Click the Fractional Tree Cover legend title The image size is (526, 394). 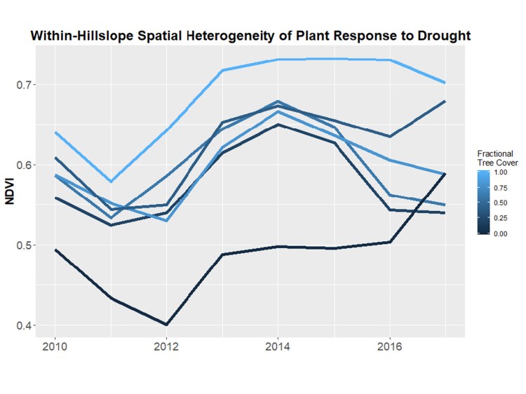click(495, 158)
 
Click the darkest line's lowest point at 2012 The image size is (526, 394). click(166, 325)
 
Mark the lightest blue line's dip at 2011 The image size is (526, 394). click(110, 182)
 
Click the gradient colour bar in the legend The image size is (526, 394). click(483, 203)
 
